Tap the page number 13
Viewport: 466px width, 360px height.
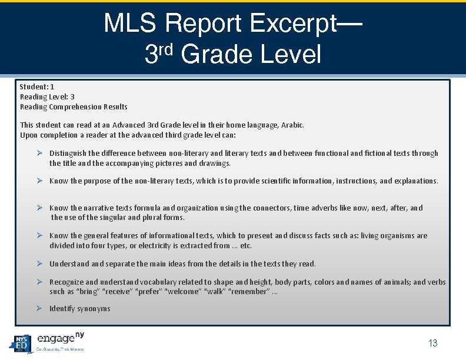433,344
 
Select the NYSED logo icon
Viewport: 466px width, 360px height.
21,342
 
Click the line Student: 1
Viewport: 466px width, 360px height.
37,86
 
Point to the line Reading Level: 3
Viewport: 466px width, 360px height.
47,96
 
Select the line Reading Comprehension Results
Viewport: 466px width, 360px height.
74,106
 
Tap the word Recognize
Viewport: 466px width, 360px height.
67,282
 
